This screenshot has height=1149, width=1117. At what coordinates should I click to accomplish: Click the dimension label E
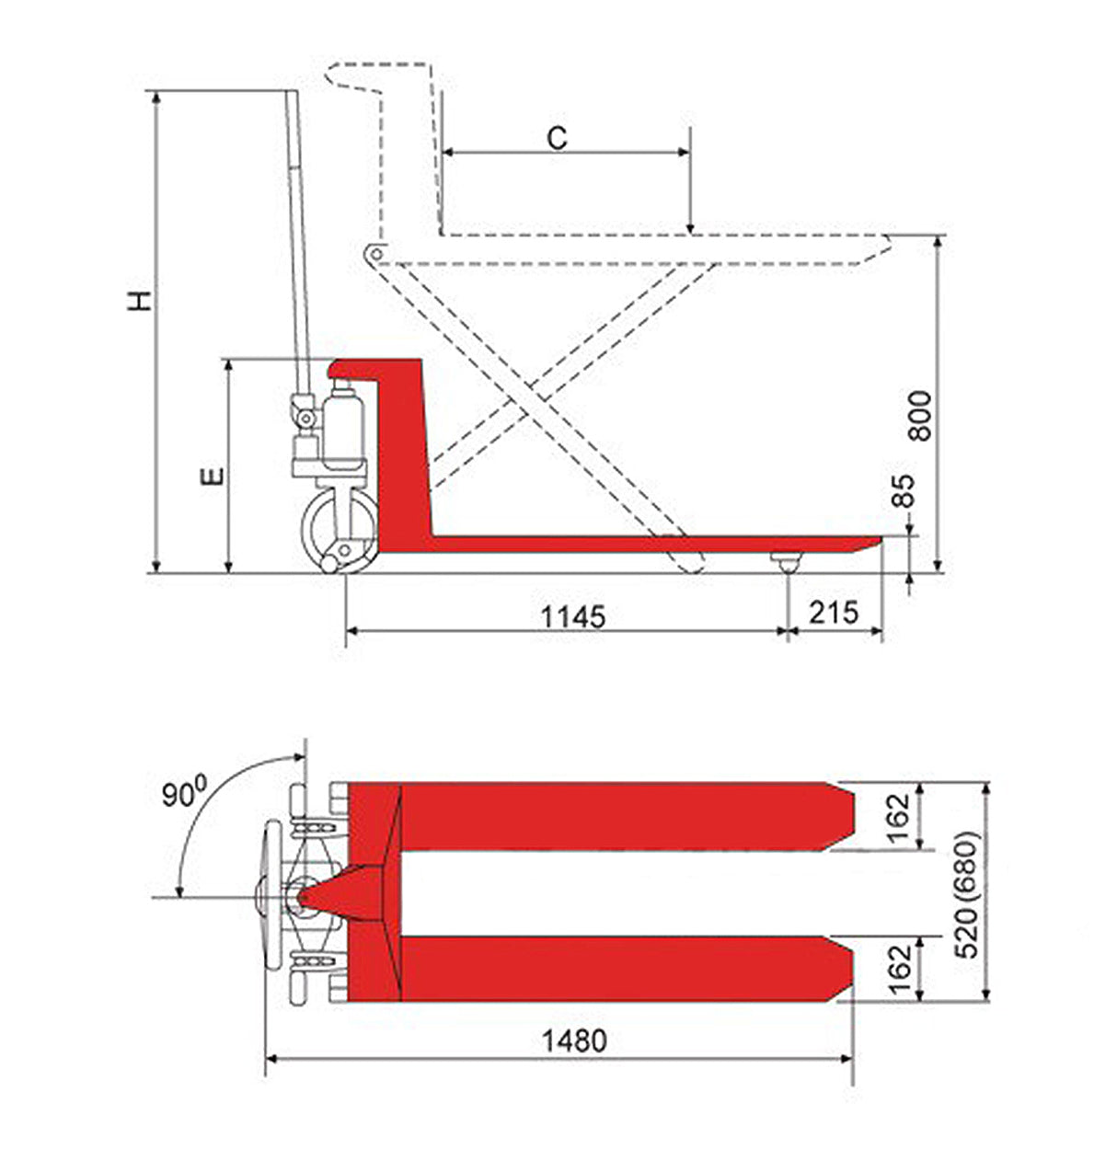click(x=213, y=475)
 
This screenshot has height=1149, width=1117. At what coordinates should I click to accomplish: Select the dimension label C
click(x=558, y=137)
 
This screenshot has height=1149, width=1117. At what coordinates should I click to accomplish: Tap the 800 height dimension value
click(x=921, y=415)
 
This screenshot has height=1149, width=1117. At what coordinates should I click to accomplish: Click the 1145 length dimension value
click(x=572, y=615)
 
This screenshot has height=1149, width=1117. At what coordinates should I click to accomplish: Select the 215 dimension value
click(x=834, y=612)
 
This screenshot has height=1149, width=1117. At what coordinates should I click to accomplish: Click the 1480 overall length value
click(x=574, y=1041)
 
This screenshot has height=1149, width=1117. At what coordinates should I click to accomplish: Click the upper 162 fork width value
click(x=899, y=816)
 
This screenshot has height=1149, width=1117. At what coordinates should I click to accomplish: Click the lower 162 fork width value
click(x=899, y=968)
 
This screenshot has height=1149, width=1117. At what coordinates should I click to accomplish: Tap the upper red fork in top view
click(x=616, y=816)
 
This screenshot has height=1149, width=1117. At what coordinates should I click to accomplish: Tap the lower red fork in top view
click(x=616, y=969)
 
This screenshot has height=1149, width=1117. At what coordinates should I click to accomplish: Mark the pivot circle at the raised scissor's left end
click(x=373, y=252)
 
